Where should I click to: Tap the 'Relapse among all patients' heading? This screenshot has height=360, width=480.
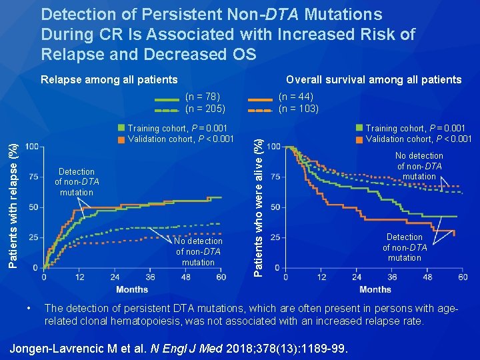[x=109, y=80]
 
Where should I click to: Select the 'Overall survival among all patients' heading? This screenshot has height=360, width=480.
[x=373, y=80]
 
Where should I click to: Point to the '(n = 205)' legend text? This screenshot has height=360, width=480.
[x=205, y=109]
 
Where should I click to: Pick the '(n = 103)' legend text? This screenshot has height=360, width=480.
[x=299, y=109]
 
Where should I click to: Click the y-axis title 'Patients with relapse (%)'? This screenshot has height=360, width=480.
[x=13, y=197]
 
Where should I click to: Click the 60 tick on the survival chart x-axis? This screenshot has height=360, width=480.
[x=463, y=277]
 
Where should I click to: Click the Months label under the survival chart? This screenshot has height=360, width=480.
[x=375, y=289]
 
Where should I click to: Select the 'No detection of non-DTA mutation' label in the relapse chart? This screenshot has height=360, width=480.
[x=199, y=251]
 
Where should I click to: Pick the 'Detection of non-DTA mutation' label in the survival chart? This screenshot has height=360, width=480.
[x=405, y=247]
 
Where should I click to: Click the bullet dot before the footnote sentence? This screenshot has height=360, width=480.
[x=29, y=309]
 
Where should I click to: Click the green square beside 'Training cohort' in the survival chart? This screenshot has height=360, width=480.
[x=360, y=128]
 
